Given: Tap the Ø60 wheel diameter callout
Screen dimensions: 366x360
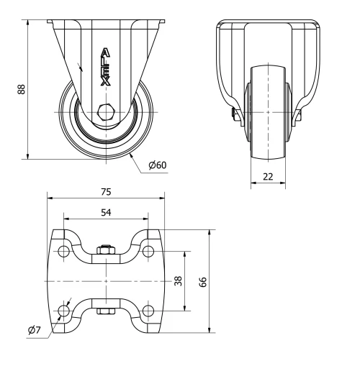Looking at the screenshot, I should [157, 165].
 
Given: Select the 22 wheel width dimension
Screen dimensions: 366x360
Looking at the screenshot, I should [267, 177].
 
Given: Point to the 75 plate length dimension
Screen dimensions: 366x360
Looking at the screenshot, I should [105, 192].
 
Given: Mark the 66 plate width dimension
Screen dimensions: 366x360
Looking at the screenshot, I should [202, 281].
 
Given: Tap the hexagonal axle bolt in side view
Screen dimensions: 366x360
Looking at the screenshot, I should [106, 111].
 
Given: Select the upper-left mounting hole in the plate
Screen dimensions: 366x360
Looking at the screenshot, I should [64, 252].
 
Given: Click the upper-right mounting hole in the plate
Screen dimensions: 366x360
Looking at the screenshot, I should [148, 252].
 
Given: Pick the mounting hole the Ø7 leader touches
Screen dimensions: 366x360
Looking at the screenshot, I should [64, 310].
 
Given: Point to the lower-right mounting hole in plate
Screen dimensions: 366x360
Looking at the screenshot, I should [148, 310].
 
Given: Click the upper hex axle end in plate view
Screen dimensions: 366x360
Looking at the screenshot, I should [106, 250].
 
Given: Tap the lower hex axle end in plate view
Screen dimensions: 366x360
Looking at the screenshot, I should [106, 312].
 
